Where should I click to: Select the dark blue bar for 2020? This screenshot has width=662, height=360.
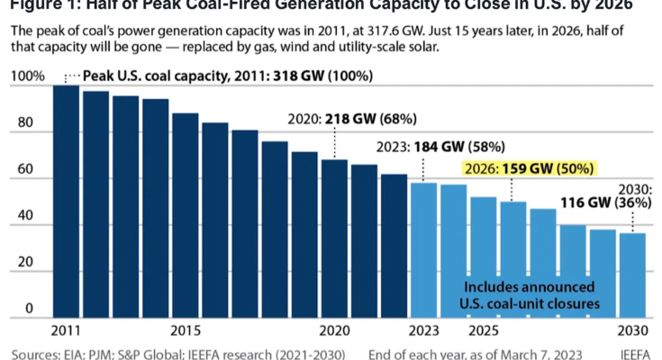pos(334,238)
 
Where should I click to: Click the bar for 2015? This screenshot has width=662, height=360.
pos(185,215)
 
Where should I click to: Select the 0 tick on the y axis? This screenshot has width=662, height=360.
pos(29,309)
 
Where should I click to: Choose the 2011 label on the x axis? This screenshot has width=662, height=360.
pos(65,329)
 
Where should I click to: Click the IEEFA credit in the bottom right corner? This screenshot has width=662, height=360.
pos(636,353)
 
